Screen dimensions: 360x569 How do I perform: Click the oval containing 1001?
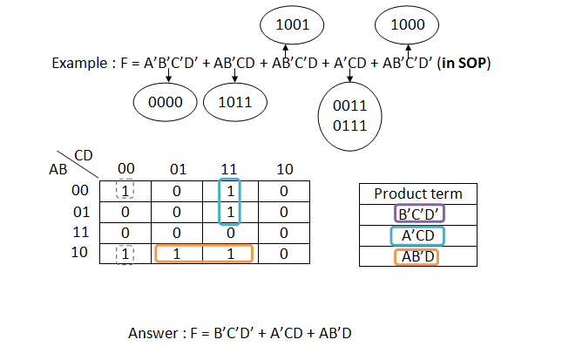292,24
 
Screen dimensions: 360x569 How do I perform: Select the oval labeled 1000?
408,24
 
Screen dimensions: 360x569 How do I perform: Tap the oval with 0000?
165,102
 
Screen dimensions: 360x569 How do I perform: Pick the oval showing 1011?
234,102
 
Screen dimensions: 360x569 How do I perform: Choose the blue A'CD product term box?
418,236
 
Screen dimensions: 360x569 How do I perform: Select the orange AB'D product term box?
418,257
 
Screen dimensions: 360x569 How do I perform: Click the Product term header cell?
418,194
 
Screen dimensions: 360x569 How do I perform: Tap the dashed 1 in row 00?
125,190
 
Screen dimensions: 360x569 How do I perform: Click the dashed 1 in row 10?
125,254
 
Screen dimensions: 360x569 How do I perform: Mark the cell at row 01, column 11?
229,212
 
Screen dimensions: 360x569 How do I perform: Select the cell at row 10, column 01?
178,254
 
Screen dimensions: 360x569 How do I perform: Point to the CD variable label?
84,154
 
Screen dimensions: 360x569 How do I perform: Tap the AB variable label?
57,171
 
